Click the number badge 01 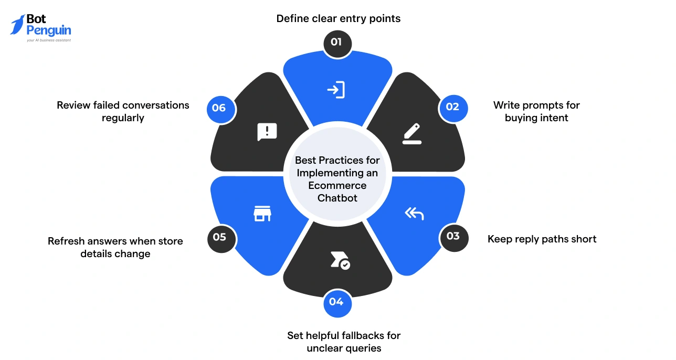336,41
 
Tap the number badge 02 452,108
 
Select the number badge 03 452,236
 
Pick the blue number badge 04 336,302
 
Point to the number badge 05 219,237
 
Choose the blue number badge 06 219,108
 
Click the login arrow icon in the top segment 336,90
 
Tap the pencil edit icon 411,133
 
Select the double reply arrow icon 414,213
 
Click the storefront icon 262,213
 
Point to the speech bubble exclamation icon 267,132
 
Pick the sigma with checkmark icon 340,260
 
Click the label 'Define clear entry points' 338,19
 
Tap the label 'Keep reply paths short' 542,239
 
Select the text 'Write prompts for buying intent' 536,111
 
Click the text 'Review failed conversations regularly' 123,111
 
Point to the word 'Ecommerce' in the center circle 337,185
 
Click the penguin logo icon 17,25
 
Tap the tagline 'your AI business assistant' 49,40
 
